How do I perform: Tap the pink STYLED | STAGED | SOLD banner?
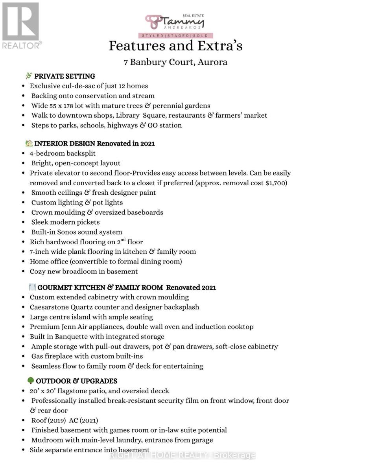click(x=175, y=35)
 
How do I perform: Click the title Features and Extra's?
click(x=175, y=46)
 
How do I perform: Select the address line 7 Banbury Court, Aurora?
click(x=175, y=62)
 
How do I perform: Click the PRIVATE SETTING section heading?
click(x=65, y=76)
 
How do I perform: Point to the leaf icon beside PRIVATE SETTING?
click(x=29, y=76)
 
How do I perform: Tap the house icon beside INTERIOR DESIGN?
click(x=29, y=143)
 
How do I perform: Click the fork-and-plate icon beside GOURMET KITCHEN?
click(x=32, y=287)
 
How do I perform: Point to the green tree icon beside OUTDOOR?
click(x=31, y=380)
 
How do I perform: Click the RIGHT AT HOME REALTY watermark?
click(x=182, y=455)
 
